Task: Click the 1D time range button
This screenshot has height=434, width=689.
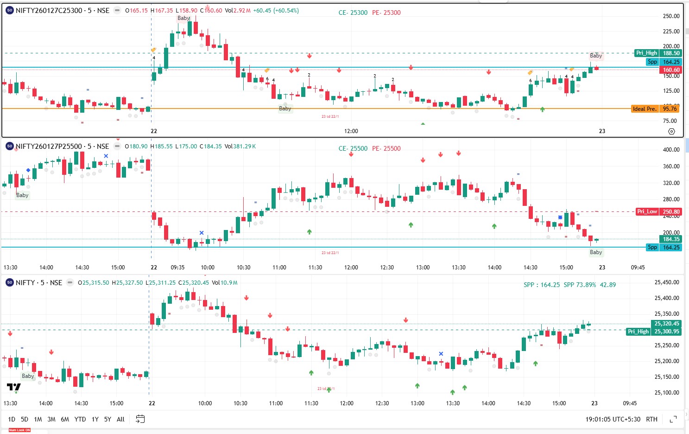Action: point(12,419)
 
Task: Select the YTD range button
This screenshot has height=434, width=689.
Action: point(80,419)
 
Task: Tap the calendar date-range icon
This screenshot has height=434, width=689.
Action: point(140,419)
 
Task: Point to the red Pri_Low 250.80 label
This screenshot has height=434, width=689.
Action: point(658,211)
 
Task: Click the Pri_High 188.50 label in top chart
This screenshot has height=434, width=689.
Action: point(657,53)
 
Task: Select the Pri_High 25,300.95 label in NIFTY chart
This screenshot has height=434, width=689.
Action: point(653,332)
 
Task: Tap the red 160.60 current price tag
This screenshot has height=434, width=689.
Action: point(671,70)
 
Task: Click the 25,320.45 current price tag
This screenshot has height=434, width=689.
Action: point(666,324)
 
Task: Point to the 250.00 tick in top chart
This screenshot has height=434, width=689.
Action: point(671,16)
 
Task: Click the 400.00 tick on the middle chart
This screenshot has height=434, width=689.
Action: point(671,150)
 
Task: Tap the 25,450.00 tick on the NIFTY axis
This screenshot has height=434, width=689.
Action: point(667,282)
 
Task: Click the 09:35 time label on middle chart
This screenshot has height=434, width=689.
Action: point(177,268)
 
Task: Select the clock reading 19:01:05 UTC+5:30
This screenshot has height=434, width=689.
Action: point(613,419)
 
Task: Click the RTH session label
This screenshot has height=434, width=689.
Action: point(651,419)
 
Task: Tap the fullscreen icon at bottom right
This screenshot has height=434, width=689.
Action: point(673,419)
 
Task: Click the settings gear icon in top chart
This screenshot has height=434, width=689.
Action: point(671,132)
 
